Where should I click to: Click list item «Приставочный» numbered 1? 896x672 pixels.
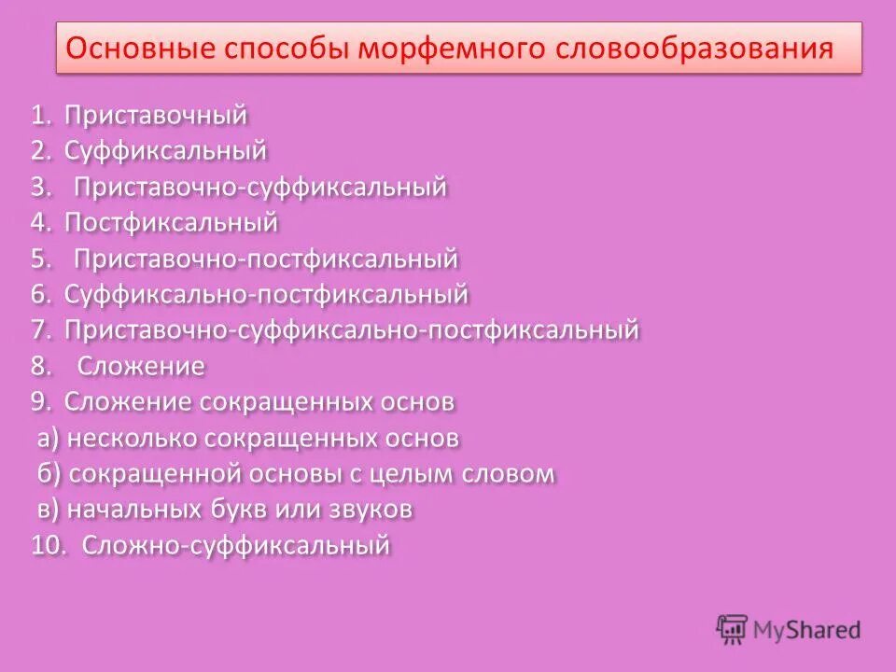click(x=156, y=116)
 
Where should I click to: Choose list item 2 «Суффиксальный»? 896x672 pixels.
click(x=166, y=151)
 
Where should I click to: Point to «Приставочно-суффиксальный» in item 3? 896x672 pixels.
click(x=260, y=187)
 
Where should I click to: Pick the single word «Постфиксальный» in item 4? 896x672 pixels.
click(x=172, y=223)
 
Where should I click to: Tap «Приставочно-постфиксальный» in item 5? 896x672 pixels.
click(x=266, y=259)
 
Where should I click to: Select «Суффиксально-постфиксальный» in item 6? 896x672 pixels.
click(x=266, y=295)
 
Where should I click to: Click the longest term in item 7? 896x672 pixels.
click(x=352, y=330)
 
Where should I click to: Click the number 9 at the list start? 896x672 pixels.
click(x=39, y=402)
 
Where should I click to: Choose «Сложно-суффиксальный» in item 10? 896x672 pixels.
click(x=235, y=545)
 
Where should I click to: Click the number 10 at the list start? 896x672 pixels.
click(x=48, y=545)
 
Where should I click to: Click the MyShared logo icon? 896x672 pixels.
click(x=732, y=629)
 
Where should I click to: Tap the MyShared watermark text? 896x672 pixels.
click(x=806, y=631)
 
